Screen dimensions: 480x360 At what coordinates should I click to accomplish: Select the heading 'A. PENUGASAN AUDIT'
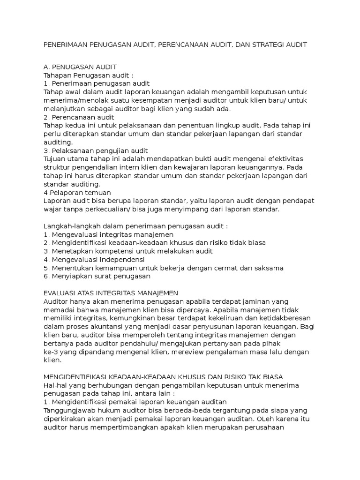[x=80, y=67]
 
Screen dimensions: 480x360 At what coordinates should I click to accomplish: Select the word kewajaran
[x=195, y=167]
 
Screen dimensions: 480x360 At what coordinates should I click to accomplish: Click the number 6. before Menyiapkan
[x=46, y=276]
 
